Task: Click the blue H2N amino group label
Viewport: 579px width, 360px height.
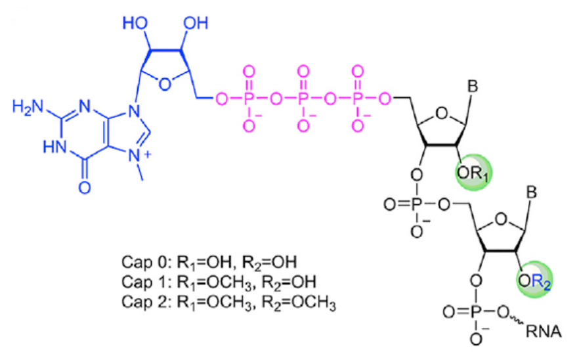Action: pos(28,107)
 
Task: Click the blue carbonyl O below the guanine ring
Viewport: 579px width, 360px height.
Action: pos(85,187)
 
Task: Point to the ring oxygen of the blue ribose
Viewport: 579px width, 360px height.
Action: pos(164,84)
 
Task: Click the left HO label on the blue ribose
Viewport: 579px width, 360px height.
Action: pos(135,23)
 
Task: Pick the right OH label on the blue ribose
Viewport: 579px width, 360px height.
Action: pos(196,23)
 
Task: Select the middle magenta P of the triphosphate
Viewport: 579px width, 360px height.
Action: pos(303,99)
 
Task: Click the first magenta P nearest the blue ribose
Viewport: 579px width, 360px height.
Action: pos(249,99)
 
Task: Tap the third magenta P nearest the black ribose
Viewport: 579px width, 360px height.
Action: pos(357,99)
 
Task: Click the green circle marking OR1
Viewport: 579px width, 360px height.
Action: pos(474,173)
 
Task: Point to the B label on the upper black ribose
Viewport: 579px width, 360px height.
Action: pos(473,87)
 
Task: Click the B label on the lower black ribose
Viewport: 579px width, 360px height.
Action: pos(532,192)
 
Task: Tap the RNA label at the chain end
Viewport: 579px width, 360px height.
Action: pos(544,331)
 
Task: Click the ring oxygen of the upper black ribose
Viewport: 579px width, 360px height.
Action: pos(442,113)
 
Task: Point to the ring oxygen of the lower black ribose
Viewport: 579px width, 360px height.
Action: pos(501,219)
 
